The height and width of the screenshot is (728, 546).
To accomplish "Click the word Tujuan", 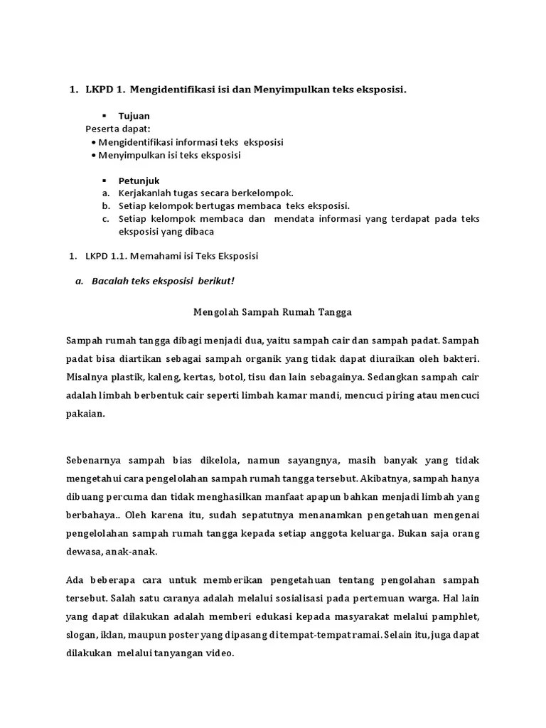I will pyautogui.click(x=134, y=115).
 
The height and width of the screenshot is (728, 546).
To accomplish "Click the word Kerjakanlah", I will pyautogui.click(x=146, y=193).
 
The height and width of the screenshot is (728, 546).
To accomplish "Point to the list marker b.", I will pyautogui.click(x=105, y=205).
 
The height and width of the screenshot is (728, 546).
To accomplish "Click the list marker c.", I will pyautogui.click(x=105, y=218).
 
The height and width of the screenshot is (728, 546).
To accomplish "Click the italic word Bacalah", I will pyautogui.click(x=109, y=281).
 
